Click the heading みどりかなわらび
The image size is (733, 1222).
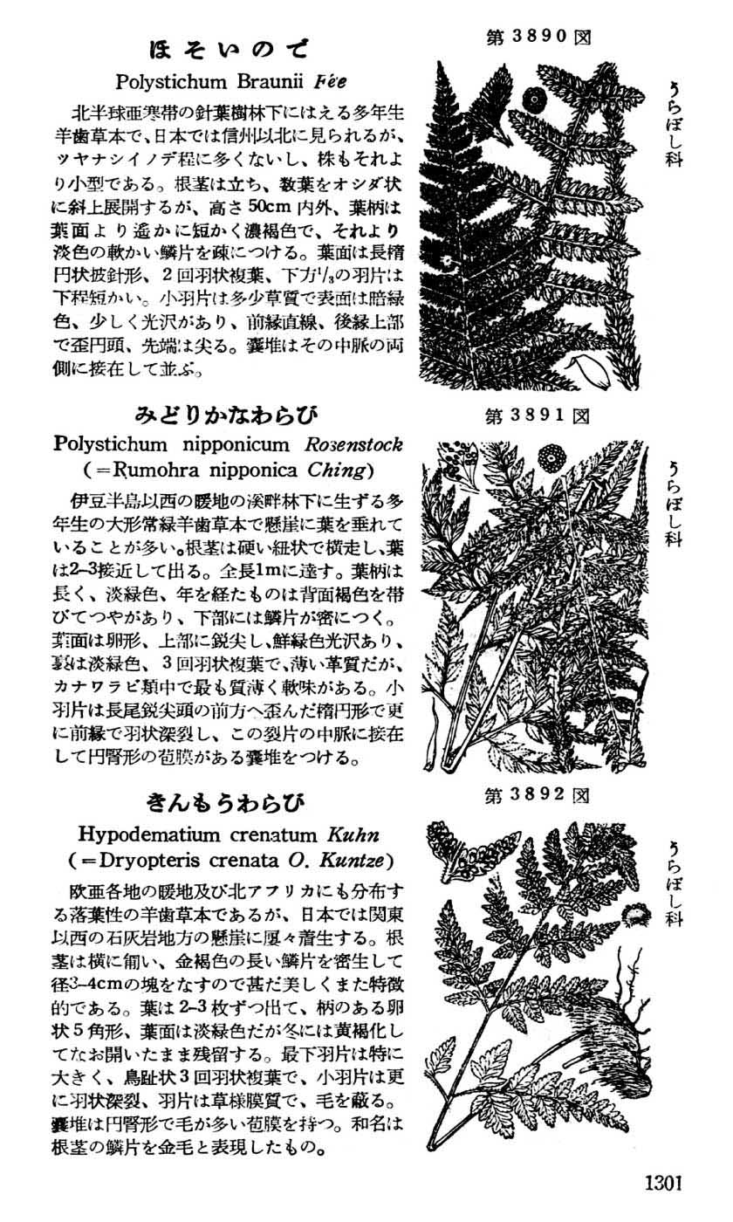[225, 412]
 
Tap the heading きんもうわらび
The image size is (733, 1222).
[227, 801]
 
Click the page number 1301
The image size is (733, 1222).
[662, 1184]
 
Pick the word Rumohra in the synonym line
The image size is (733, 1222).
[154, 470]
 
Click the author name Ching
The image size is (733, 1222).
[335, 470]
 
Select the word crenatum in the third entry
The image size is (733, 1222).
[284, 834]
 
